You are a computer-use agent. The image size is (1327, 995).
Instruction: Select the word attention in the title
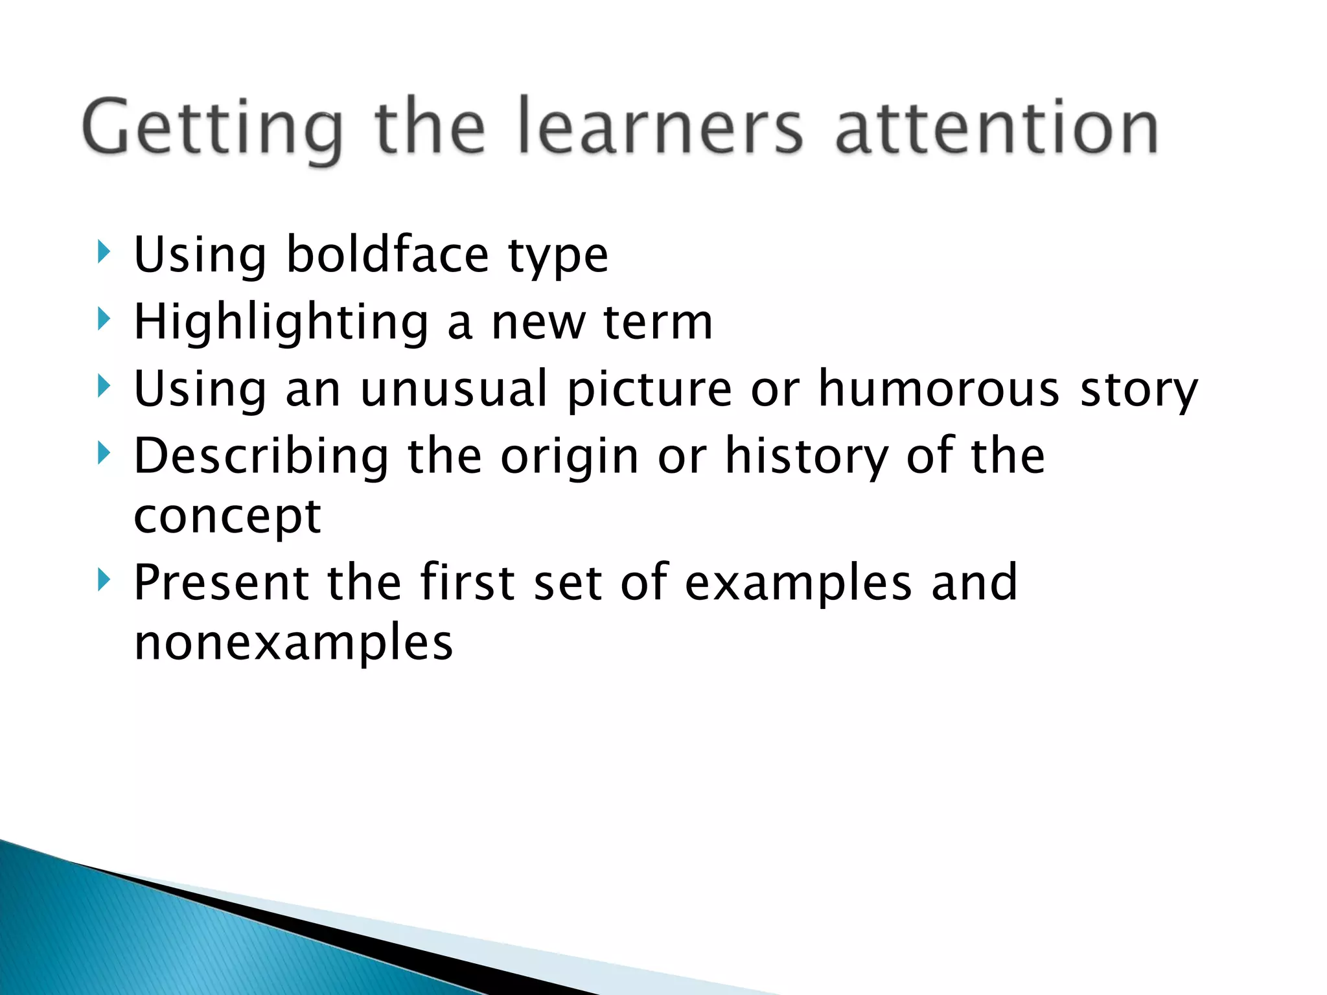point(997,127)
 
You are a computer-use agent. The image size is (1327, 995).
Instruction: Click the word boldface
point(387,254)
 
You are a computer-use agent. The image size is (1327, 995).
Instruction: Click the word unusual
point(454,389)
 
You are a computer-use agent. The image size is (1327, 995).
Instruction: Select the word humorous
point(939,389)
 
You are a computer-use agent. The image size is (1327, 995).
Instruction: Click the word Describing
point(261,457)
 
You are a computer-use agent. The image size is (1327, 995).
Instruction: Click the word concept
point(227,517)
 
